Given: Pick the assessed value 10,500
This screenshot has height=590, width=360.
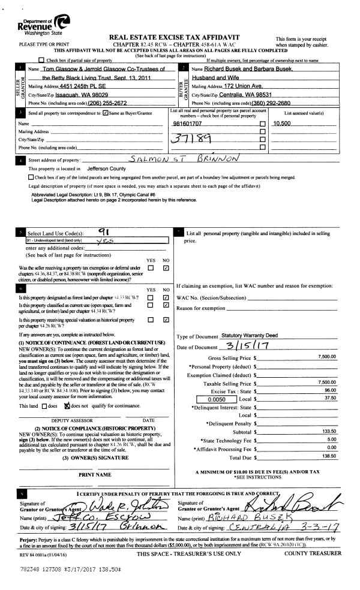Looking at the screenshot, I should tap(282, 123).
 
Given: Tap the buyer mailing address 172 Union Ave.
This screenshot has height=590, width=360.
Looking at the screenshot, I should tap(240, 87).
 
